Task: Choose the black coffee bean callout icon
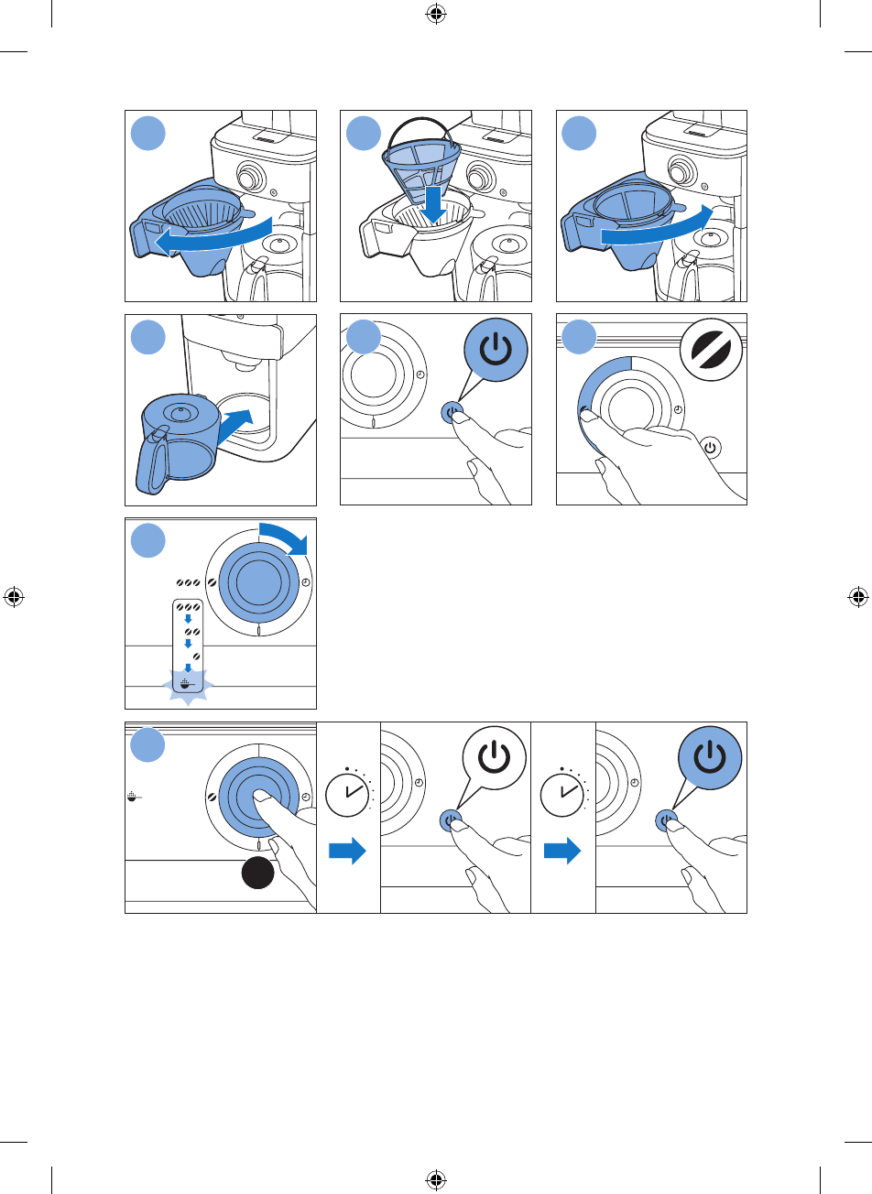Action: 713,360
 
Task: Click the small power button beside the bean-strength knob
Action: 711,448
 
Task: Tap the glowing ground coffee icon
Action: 187,684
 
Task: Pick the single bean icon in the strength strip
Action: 196,656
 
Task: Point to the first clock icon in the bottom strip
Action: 348,788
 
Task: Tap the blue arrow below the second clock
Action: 562,852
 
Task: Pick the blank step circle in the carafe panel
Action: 147,338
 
